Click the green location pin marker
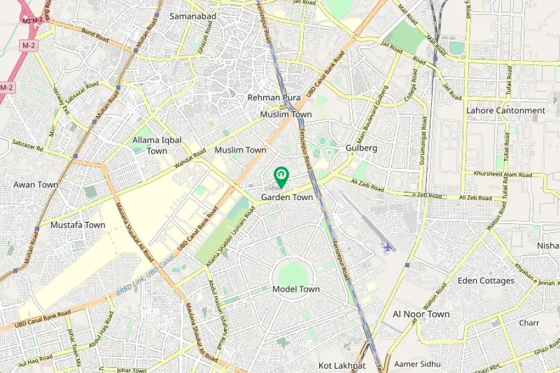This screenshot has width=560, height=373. [281, 176]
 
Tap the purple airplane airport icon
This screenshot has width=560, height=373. [388, 247]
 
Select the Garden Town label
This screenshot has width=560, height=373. [287, 197]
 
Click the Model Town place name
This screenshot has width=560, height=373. [296, 289]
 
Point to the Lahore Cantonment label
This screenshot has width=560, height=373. [505, 111]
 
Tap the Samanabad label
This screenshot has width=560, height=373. [192, 16]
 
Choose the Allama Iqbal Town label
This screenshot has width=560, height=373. [157, 145]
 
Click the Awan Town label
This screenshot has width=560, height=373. [35, 185]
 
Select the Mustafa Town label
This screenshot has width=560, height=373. [78, 224]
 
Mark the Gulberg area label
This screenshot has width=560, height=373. [362, 148]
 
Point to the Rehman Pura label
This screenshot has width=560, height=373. [274, 98]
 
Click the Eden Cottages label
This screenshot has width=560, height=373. [486, 280]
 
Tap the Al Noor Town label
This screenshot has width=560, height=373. [421, 314]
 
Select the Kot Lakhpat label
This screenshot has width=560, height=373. [342, 366]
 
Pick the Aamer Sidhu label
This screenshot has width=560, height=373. [417, 364]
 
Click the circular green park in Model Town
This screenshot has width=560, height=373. [291, 274]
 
